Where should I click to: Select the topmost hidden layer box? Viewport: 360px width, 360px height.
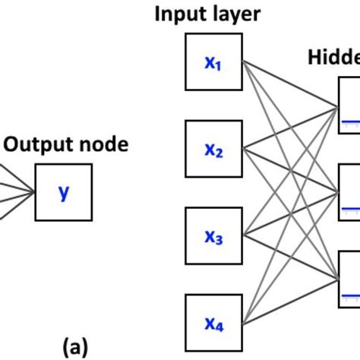click(349, 110)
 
